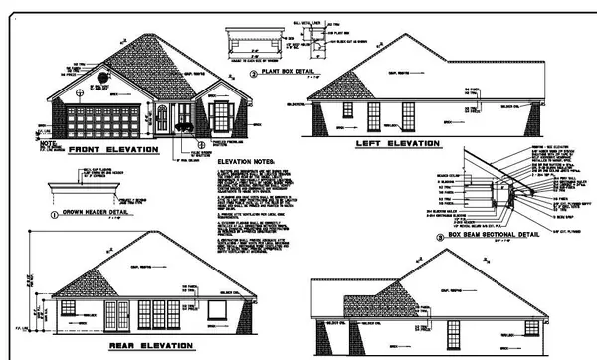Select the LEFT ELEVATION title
tap(397, 144)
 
